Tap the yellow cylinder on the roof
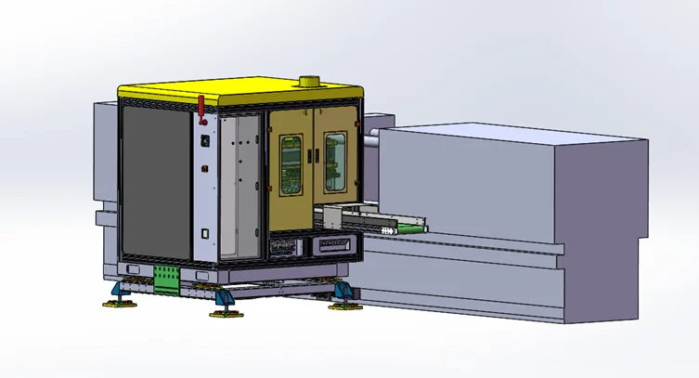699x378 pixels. pyautogui.click(x=306, y=84)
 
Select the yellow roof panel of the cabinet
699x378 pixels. pyautogui.click(x=232, y=91)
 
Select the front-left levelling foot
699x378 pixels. pyautogui.click(x=121, y=295)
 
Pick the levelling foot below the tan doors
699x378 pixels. pyautogui.click(x=343, y=296)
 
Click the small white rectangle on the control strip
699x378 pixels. pyautogui.click(x=205, y=233)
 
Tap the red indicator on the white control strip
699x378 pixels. pyautogui.click(x=204, y=169)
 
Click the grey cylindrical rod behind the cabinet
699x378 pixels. pyautogui.click(x=369, y=141)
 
